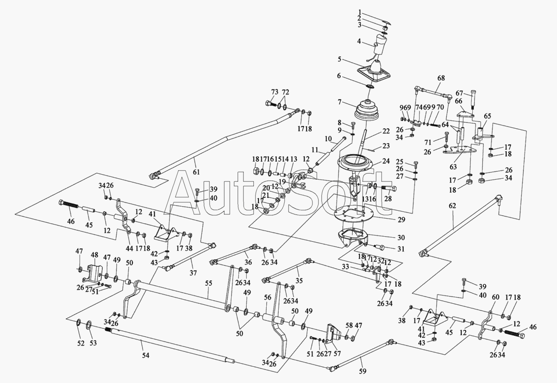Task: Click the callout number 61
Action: pos(196,172)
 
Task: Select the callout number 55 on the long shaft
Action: pos(209,283)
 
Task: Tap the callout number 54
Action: pos(146,356)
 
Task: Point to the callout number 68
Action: pos(441,78)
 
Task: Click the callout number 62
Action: pos(453,206)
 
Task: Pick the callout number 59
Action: pos(363,371)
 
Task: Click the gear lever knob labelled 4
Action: pos(378,47)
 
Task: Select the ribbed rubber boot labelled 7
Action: pos(367,111)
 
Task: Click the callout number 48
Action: pos(94,255)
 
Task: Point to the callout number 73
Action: pos(275,92)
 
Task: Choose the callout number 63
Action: pos(453,167)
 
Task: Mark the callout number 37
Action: pos(193,273)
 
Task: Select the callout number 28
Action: pos(388,199)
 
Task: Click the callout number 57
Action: pos(337,353)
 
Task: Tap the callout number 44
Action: pos(129,248)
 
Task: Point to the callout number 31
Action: pos(401,249)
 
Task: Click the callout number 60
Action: pos(495,297)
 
